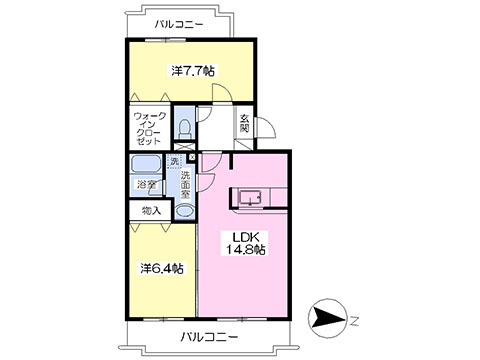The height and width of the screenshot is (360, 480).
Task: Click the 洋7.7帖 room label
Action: pyautogui.click(x=192, y=71)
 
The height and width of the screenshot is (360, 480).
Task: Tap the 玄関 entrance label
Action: pyautogui.click(x=244, y=128)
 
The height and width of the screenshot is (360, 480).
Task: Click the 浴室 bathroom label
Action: pyautogui.click(x=146, y=184)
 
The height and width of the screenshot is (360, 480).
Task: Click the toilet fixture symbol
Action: pyautogui.click(x=184, y=128)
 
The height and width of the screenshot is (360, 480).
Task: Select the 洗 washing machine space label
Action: pyautogui.click(x=174, y=162)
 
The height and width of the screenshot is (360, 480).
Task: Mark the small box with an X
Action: pyautogui.click(x=192, y=156)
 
